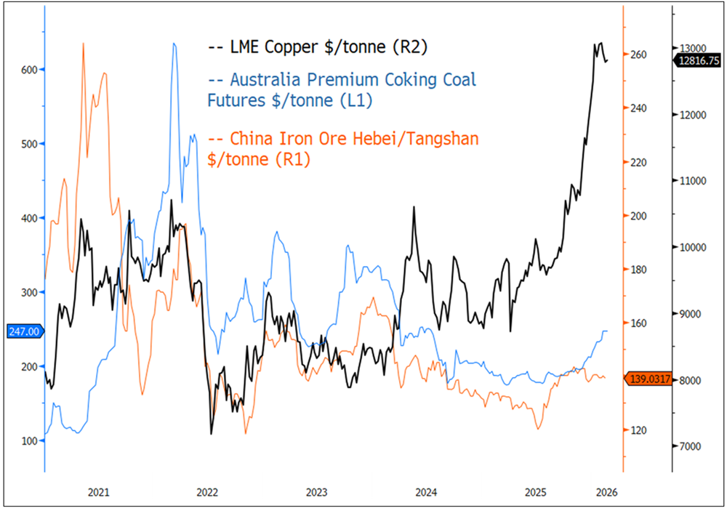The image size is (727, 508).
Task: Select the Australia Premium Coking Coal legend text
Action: [342, 89]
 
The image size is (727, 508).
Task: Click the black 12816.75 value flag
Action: [698, 62]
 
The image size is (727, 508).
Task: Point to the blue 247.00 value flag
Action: [24, 331]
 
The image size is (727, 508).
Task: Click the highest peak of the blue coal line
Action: [174, 44]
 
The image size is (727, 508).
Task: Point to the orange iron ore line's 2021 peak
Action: [83, 44]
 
